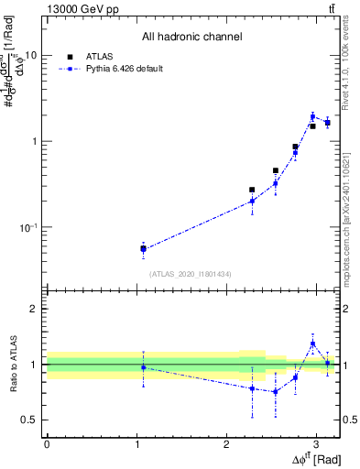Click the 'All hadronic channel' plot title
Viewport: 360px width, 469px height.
[x=191, y=38]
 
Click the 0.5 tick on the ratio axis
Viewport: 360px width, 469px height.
[x=29, y=420]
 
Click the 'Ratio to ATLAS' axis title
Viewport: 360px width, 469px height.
[x=13, y=365]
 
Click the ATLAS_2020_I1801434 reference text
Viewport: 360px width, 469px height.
[x=191, y=273]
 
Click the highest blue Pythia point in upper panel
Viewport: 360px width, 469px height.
[x=312, y=116]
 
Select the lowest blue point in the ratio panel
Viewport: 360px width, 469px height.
[x=275, y=391]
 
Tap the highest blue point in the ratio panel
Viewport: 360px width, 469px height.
[x=312, y=344]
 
